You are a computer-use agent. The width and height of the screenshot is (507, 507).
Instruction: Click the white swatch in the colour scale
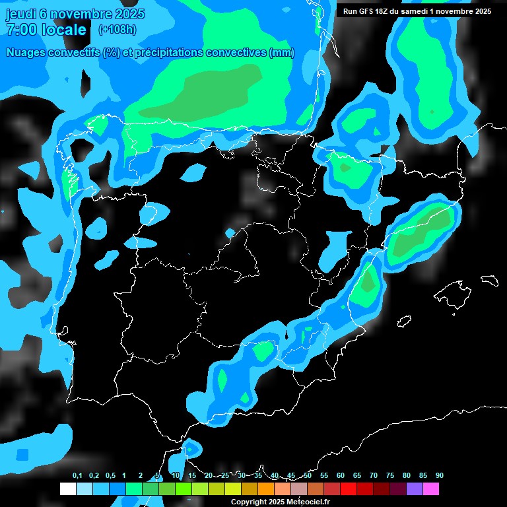67,489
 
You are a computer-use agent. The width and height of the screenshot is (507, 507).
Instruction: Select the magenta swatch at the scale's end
431,489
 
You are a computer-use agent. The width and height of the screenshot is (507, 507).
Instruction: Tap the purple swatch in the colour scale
415,489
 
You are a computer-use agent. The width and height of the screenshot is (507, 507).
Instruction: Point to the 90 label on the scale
440,475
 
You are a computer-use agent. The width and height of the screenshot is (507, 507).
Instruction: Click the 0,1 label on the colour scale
77,475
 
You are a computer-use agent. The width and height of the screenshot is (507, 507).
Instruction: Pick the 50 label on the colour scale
308,475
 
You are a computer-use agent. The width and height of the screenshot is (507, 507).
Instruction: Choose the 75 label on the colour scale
390,475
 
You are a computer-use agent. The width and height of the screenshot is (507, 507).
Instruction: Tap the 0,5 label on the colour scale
110,475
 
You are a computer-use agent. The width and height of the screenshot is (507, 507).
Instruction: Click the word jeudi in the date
22,14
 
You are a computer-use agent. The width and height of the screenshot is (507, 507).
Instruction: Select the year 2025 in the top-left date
129,14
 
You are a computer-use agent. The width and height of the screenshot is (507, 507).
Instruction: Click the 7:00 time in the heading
20,30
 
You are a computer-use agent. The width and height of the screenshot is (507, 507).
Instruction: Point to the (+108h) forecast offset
117,30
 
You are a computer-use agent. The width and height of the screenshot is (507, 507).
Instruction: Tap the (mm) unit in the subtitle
283,53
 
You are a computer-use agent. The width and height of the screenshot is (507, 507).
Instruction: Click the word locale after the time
63,30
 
